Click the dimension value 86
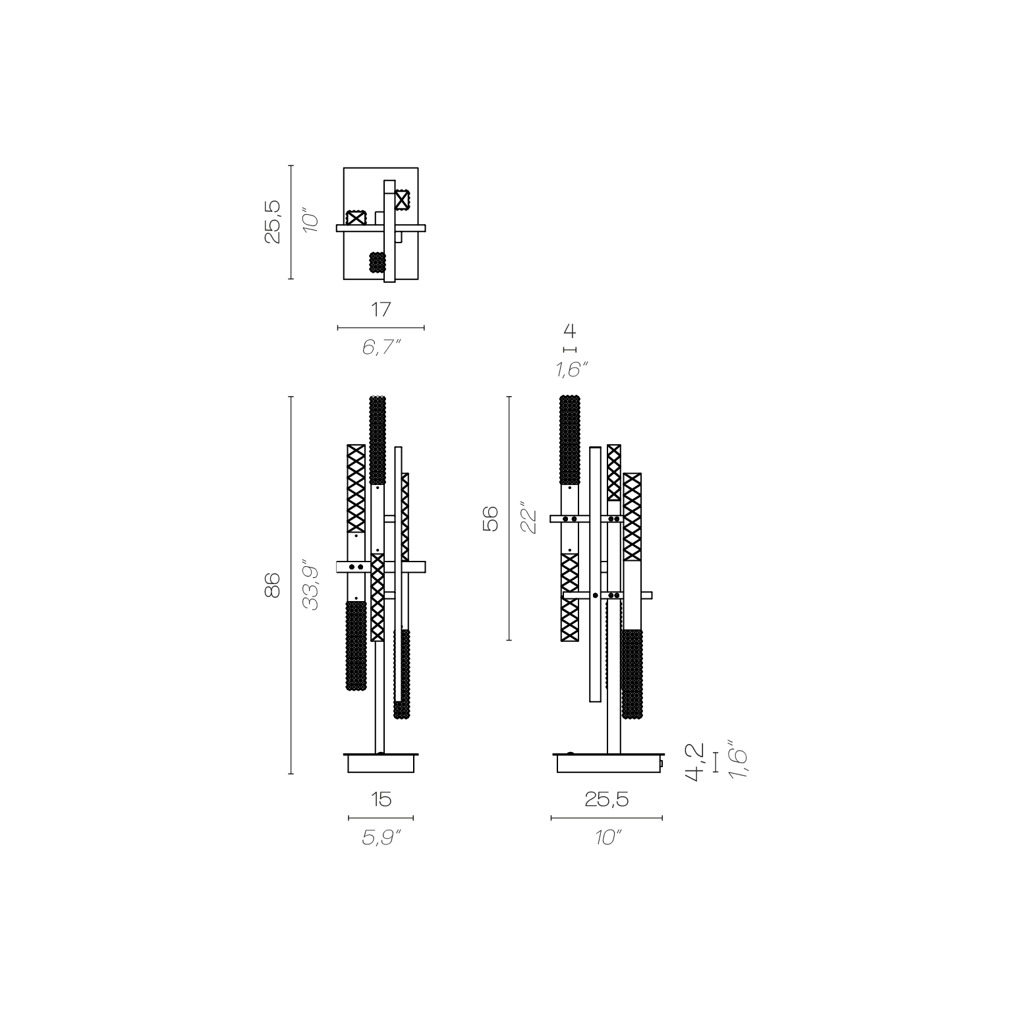click(x=273, y=585)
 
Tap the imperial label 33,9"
click(x=310, y=586)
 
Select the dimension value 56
click(x=491, y=519)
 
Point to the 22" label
click(x=528, y=519)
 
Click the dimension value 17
click(x=381, y=309)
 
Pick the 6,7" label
click(x=381, y=347)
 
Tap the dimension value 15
click(x=381, y=799)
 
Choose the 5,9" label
click(x=381, y=837)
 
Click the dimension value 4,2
click(x=695, y=763)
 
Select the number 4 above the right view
click(x=570, y=331)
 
